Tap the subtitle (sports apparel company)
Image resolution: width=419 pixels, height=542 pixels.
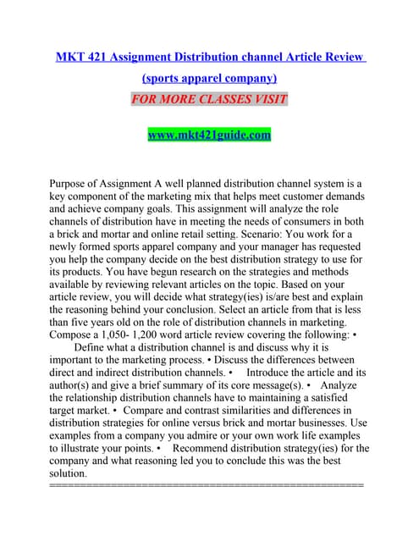pos(209,78)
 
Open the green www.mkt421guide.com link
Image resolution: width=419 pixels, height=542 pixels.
pos(209,134)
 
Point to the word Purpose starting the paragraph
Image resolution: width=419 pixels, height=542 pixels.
pos(73,182)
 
